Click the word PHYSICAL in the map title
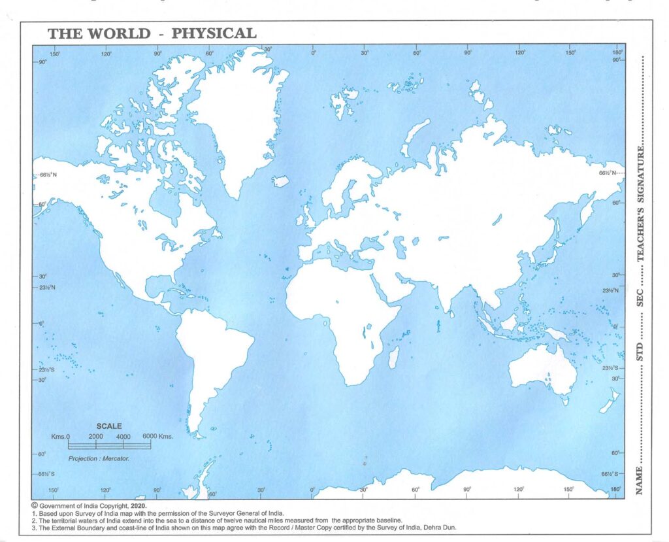[x=214, y=33]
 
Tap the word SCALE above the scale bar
[x=109, y=426]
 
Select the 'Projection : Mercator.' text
[x=99, y=459]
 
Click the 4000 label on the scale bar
[x=123, y=436]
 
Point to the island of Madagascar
[x=393, y=357]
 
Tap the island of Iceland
[x=280, y=180]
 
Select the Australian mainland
[x=540, y=369]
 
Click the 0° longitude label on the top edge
[x=314, y=52]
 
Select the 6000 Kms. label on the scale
[x=157, y=436]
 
